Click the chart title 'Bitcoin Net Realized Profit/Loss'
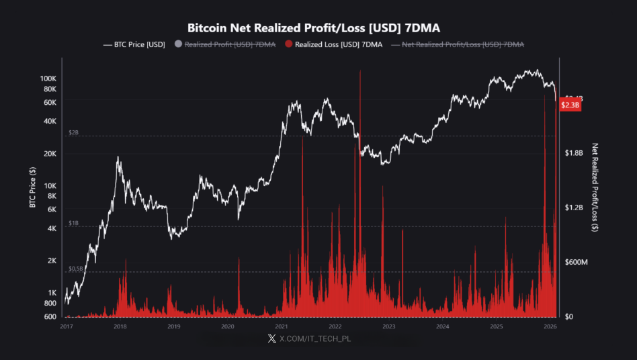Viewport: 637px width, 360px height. (x=318, y=28)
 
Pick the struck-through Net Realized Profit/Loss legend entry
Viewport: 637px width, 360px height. (x=462, y=44)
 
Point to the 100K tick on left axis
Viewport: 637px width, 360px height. (x=49, y=78)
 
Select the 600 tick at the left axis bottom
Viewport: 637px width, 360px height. (x=51, y=316)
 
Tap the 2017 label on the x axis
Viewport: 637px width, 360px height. (x=67, y=326)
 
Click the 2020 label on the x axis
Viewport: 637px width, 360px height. (x=228, y=326)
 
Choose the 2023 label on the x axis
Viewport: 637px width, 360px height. (x=388, y=326)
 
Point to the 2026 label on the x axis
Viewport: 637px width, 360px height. (x=550, y=326)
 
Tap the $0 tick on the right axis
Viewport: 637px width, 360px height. (x=569, y=316)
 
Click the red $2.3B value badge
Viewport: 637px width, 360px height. (x=570, y=105)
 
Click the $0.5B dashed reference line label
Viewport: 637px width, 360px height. (x=75, y=268)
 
